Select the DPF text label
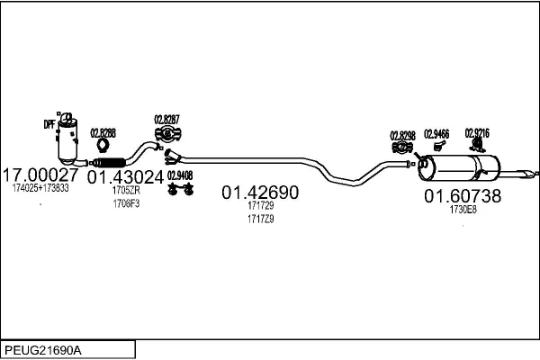click(49, 124)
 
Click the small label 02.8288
click(103, 131)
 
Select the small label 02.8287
click(166, 119)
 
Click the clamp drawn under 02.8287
click(167, 135)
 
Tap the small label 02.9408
click(181, 175)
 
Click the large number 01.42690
click(260, 193)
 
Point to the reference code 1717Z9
click(260, 219)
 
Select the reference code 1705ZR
click(126, 190)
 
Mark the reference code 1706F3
click(126, 203)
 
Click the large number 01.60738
click(463, 196)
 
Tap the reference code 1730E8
click(463, 210)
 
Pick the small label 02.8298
click(402, 136)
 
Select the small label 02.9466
click(436, 134)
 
